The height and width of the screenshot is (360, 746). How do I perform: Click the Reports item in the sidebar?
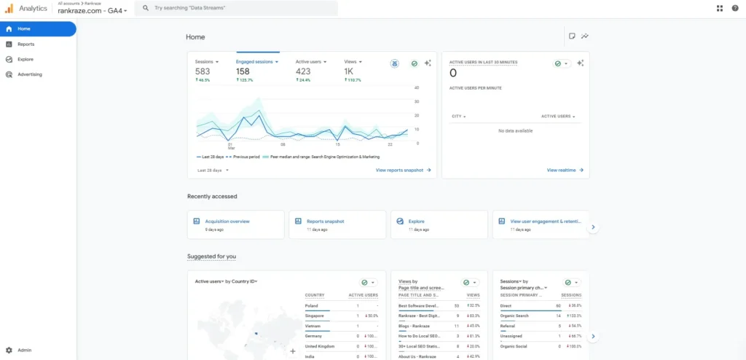click(25, 44)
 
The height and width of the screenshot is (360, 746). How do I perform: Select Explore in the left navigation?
click(25, 59)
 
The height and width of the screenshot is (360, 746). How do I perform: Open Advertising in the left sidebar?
click(29, 74)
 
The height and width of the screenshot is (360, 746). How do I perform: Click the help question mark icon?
click(734, 8)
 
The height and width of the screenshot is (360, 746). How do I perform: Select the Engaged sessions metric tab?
click(255, 62)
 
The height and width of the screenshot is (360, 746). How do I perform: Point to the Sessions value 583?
click(203, 71)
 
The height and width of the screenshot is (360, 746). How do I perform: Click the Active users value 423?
click(303, 71)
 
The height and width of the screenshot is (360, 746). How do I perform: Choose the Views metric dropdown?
click(353, 62)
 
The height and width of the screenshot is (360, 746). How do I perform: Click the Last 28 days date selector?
click(213, 170)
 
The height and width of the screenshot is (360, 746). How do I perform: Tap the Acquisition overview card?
click(227, 221)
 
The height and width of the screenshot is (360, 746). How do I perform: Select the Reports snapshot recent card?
click(325, 221)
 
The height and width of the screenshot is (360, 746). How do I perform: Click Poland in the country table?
click(312, 306)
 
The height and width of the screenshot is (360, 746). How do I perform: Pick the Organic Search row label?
click(514, 316)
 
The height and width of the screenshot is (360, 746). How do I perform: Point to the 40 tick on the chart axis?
click(417, 88)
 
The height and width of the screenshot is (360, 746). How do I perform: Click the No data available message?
click(515, 130)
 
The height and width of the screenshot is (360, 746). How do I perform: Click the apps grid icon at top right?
click(720, 8)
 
